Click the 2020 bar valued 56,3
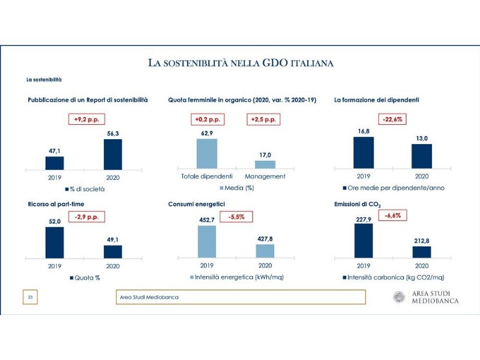tap(113, 155)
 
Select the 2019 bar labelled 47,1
tap(55, 163)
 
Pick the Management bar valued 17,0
tap(265, 164)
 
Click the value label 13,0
tap(422, 139)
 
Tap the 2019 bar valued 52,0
tap(55, 242)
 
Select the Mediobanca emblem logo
tap(400, 297)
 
